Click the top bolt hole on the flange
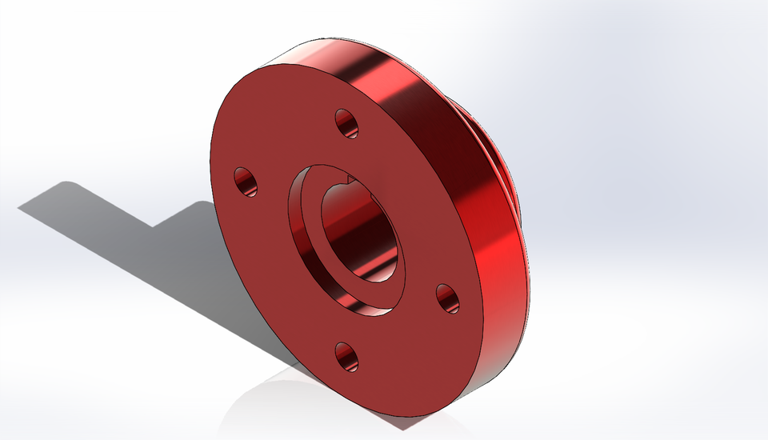coord(346,122)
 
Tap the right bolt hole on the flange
coord(448,298)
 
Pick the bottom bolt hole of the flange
coord(346,356)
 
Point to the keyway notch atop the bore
coord(349,181)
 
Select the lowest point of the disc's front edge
coord(416,417)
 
